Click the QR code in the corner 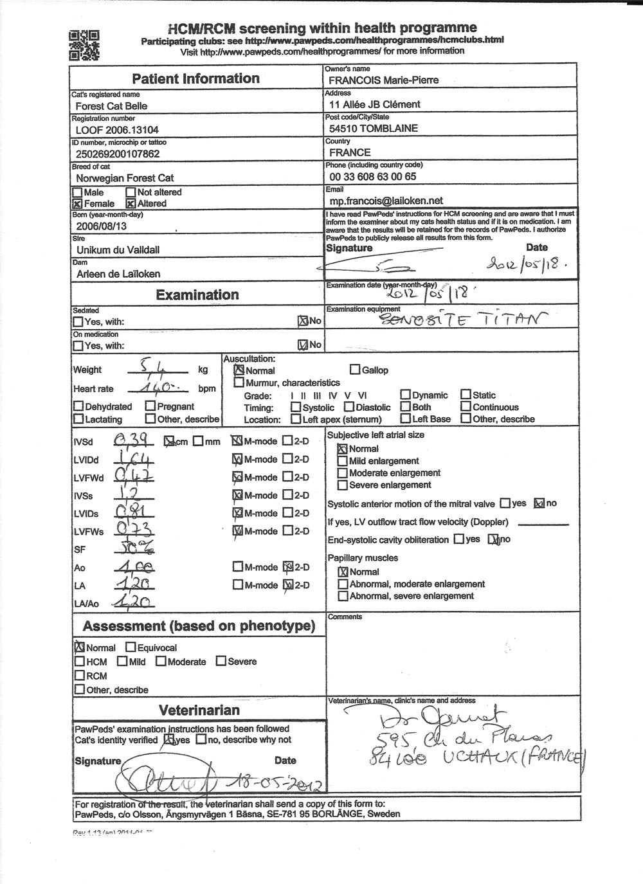[84, 45]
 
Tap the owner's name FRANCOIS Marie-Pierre [384, 80]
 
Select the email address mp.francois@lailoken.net [386, 201]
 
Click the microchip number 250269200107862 [118, 154]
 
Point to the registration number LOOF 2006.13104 [115, 130]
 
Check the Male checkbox [78, 192]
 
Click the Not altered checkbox [131, 192]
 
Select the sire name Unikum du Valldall [118, 250]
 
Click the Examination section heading [197, 295]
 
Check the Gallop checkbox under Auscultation [355, 370]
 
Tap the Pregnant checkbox [150, 406]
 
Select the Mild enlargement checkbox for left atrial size [343, 461]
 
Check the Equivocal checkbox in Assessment [131, 648]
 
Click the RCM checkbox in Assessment [80, 676]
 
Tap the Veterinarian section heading [199, 710]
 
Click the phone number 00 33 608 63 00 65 [372, 177]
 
